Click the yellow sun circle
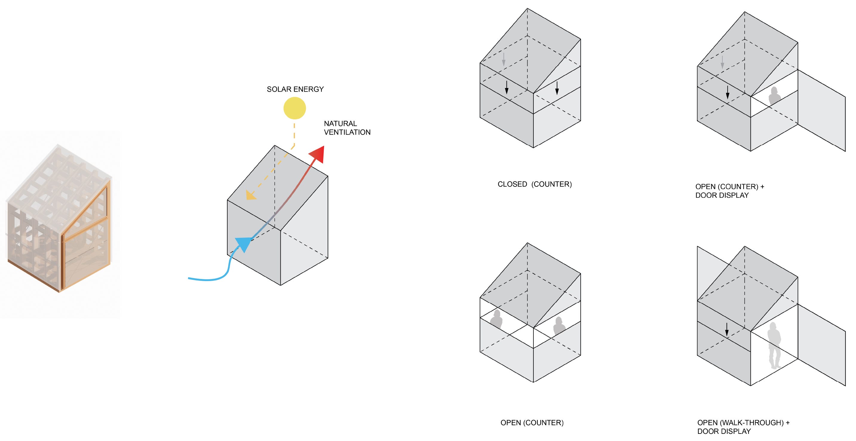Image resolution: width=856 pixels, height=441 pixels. tap(294, 108)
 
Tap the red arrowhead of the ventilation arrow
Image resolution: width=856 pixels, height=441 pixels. tap(318, 153)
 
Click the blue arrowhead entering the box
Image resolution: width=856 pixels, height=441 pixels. tap(243, 244)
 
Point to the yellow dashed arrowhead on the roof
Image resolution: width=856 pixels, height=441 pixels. tap(250, 196)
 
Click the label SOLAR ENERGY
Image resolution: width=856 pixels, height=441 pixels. tap(295, 89)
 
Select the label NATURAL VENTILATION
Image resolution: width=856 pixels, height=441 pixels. tap(347, 128)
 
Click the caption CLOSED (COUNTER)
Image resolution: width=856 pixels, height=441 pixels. tap(534, 184)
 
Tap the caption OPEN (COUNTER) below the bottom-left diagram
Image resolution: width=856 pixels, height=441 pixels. tap(532, 423)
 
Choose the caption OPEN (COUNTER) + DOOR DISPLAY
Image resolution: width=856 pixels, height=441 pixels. tap(729, 191)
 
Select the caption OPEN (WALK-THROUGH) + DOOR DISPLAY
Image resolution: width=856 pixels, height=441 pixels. tap(743, 427)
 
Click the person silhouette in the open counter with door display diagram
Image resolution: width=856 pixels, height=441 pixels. tap(774, 96)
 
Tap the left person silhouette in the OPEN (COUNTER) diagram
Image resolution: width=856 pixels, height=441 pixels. tap(496, 319)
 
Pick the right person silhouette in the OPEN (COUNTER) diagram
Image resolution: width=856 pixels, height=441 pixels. tap(559, 326)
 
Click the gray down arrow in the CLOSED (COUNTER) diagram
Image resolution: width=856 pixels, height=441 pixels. tap(504, 59)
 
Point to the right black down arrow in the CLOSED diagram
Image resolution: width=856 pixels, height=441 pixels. tap(557, 88)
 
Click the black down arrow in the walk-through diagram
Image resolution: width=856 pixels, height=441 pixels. tap(727, 329)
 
